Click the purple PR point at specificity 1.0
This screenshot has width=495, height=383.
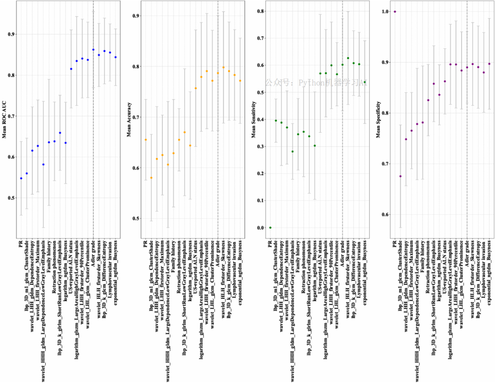pyautogui.click(x=395, y=11)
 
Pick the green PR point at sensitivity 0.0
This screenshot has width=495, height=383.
pyautogui.click(x=270, y=228)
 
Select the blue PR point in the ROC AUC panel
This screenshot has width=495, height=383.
pyautogui.click(x=21, y=178)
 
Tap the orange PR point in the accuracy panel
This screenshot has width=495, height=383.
pyautogui.click(x=145, y=140)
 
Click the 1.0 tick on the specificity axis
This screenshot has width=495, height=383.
pyautogui.click(x=386, y=11)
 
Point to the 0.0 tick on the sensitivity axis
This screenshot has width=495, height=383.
pyautogui.click(x=261, y=228)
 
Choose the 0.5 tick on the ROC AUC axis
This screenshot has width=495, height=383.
pyautogui.click(x=12, y=198)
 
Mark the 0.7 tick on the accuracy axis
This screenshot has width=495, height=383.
pyautogui.click(x=136, y=117)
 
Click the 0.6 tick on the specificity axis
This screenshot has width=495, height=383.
pyautogui.click(x=386, y=214)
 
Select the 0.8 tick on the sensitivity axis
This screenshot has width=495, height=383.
pyautogui.click(x=261, y=11)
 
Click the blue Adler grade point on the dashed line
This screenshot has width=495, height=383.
pyautogui.click(x=93, y=50)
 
